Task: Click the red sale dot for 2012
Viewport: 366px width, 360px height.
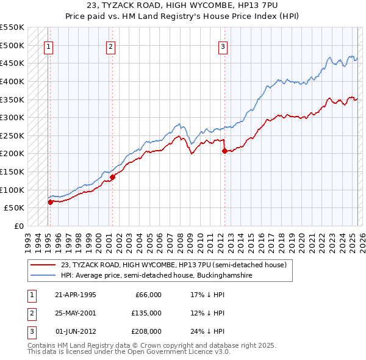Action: point(224,150)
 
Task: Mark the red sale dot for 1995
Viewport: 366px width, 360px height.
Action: point(50,201)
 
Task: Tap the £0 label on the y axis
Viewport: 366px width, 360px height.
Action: point(19,226)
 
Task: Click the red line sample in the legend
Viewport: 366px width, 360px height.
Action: point(43,265)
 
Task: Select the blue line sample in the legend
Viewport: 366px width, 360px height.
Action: point(43,276)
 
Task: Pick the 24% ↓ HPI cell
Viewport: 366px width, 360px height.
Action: point(207,331)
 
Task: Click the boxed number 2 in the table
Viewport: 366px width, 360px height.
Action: point(30,313)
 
